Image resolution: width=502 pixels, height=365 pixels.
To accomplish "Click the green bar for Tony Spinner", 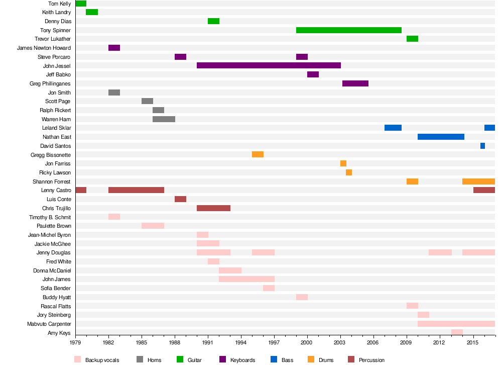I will pyautogui.click(x=349, y=30).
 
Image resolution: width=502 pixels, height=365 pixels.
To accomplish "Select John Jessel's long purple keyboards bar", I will pyautogui.click(x=269, y=65).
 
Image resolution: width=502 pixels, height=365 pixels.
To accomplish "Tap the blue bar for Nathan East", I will pyautogui.click(x=441, y=137).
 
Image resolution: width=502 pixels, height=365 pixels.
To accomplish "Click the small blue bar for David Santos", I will pyautogui.click(x=482, y=146).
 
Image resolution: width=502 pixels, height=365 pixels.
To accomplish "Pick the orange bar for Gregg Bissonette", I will pyautogui.click(x=258, y=154).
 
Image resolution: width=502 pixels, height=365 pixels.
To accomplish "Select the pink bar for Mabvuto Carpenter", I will pyautogui.click(x=456, y=324).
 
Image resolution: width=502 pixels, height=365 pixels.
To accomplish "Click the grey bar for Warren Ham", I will pyautogui.click(x=164, y=119).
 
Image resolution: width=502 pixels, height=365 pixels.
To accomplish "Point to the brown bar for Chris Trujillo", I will pyautogui.click(x=213, y=208).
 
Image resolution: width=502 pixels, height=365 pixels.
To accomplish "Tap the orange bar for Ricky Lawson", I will pyautogui.click(x=349, y=172).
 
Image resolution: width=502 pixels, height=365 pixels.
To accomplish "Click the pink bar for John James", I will pyautogui.click(x=246, y=279).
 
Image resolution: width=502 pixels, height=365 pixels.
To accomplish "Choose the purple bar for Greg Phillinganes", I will pyautogui.click(x=355, y=83).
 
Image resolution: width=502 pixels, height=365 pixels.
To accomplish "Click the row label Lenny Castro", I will pyautogui.click(x=56, y=191).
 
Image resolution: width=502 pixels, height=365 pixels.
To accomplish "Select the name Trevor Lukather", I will pyautogui.click(x=53, y=39).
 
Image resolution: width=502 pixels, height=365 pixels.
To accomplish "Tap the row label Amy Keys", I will pyautogui.click(x=59, y=333).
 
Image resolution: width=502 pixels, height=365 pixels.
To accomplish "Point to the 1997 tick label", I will pyautogui.click(x=275, y=343).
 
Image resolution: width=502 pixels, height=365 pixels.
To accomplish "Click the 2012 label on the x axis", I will pyautogui.click(x=440, y=343).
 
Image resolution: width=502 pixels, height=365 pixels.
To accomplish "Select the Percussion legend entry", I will pyautogui.click(x=371, y=360).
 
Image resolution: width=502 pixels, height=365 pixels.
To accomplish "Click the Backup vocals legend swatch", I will pyautogui.click(x=77, y=359).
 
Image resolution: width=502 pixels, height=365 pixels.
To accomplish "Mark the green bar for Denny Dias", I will pyautogui.click(x=213, y=21).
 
